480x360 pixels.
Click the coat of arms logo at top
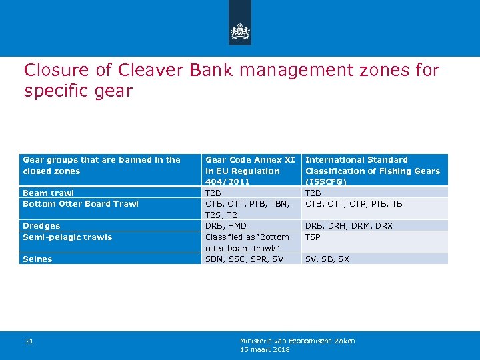point(240,31)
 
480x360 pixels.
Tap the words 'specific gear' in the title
point(78,91)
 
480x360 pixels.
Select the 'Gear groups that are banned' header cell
point(101,165)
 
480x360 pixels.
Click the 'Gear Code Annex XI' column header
point(250,171)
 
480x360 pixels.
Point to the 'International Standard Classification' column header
point(373,171)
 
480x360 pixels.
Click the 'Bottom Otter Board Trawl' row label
point(81,204)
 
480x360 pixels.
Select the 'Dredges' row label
point(41,226)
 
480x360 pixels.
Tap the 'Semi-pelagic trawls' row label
point(67,237)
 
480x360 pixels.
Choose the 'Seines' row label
point(38,259)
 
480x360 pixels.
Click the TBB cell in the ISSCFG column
point(313,193)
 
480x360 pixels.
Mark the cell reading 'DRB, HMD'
point(227,226)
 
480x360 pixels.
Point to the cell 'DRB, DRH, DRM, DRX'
point(349,226)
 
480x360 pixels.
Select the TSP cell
point(313,237)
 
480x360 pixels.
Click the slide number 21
point(29,341)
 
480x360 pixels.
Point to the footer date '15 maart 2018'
point(265,349)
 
